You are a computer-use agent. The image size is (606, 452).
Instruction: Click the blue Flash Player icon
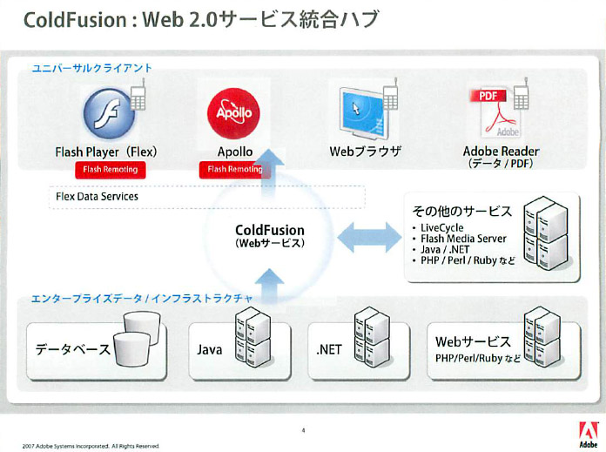(x=109, y=113)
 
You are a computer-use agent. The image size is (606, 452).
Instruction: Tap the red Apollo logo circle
(x=233, y=113)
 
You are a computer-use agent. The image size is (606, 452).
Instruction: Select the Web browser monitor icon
(x=362, y=113)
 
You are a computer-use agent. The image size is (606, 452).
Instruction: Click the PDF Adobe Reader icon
(x=495, y=113)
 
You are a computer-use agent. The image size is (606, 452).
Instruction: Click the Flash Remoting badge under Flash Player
(x=111, y=170)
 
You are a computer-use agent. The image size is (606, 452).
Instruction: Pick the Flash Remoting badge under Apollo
(x=234, y=170)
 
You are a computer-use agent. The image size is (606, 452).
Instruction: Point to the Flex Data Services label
(x=97, y=197)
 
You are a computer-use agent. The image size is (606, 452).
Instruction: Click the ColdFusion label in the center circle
(x=270, y=230)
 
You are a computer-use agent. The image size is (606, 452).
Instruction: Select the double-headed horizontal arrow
(x=369, y=237)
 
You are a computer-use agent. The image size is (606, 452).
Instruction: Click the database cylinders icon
(x=137, y=339)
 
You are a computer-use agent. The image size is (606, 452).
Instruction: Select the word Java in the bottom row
(x=210, y=349)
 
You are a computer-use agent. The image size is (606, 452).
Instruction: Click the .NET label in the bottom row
(x=328, y=349)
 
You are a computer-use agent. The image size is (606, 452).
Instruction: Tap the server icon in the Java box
(x=253, y=337)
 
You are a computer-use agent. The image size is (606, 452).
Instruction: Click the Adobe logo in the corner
(x=589, y=435)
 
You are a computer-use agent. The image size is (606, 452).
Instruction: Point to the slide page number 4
(x=303, y=430)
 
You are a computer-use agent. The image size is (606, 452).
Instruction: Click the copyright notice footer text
(x=91, y=446)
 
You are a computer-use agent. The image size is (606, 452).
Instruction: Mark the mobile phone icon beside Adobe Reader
(x=521, y=94)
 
